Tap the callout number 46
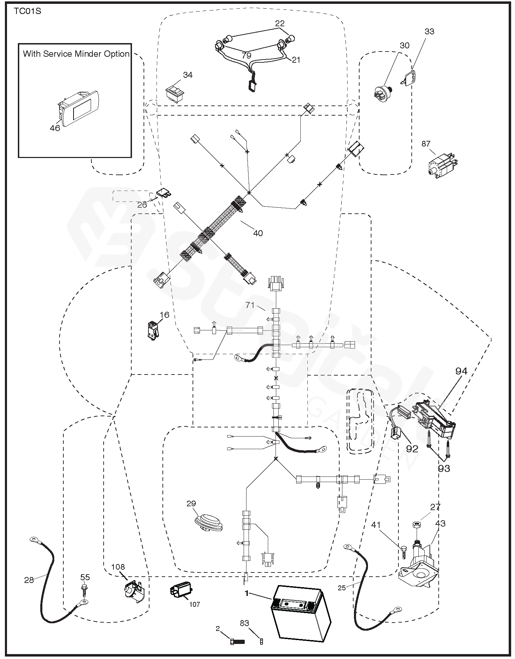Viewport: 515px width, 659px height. pyautogui.click(x=55, y=128)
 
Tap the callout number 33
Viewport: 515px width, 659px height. pyautogui.click(x=429, y=32)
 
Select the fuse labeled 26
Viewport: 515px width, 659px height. pyautogui.click(x=163, y=193)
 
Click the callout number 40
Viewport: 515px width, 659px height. pyautogui.click(x=258, y=233)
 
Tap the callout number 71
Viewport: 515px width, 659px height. pyautogui.click(x=250, y=305)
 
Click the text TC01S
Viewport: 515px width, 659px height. pyautogui.click(x=28, y=11)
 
